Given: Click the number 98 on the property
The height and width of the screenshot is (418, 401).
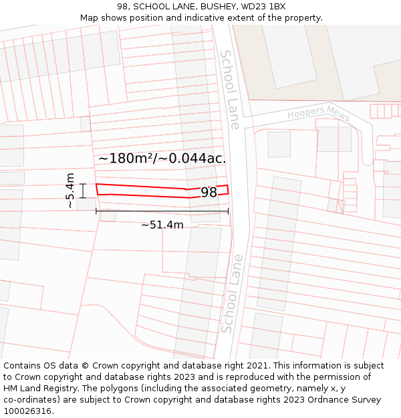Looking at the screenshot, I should point(209,193).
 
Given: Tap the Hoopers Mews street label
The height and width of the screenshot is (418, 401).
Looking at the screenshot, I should point(319,114).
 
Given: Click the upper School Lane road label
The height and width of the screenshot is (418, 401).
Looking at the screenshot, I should point(229,89).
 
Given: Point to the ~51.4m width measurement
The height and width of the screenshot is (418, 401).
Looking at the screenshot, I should point(162,225).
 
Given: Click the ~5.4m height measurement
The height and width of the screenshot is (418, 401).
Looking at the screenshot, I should point(70,191).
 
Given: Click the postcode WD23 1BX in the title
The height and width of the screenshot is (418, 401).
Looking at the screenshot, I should point(263,7).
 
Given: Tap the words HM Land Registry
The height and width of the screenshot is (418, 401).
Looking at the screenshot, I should point(35,389).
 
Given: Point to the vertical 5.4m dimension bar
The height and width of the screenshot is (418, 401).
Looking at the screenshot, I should point(83,191).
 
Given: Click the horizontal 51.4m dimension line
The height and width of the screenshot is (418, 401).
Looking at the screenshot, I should point(162,211).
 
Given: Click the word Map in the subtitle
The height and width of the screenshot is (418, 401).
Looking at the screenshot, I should point(90,18).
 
